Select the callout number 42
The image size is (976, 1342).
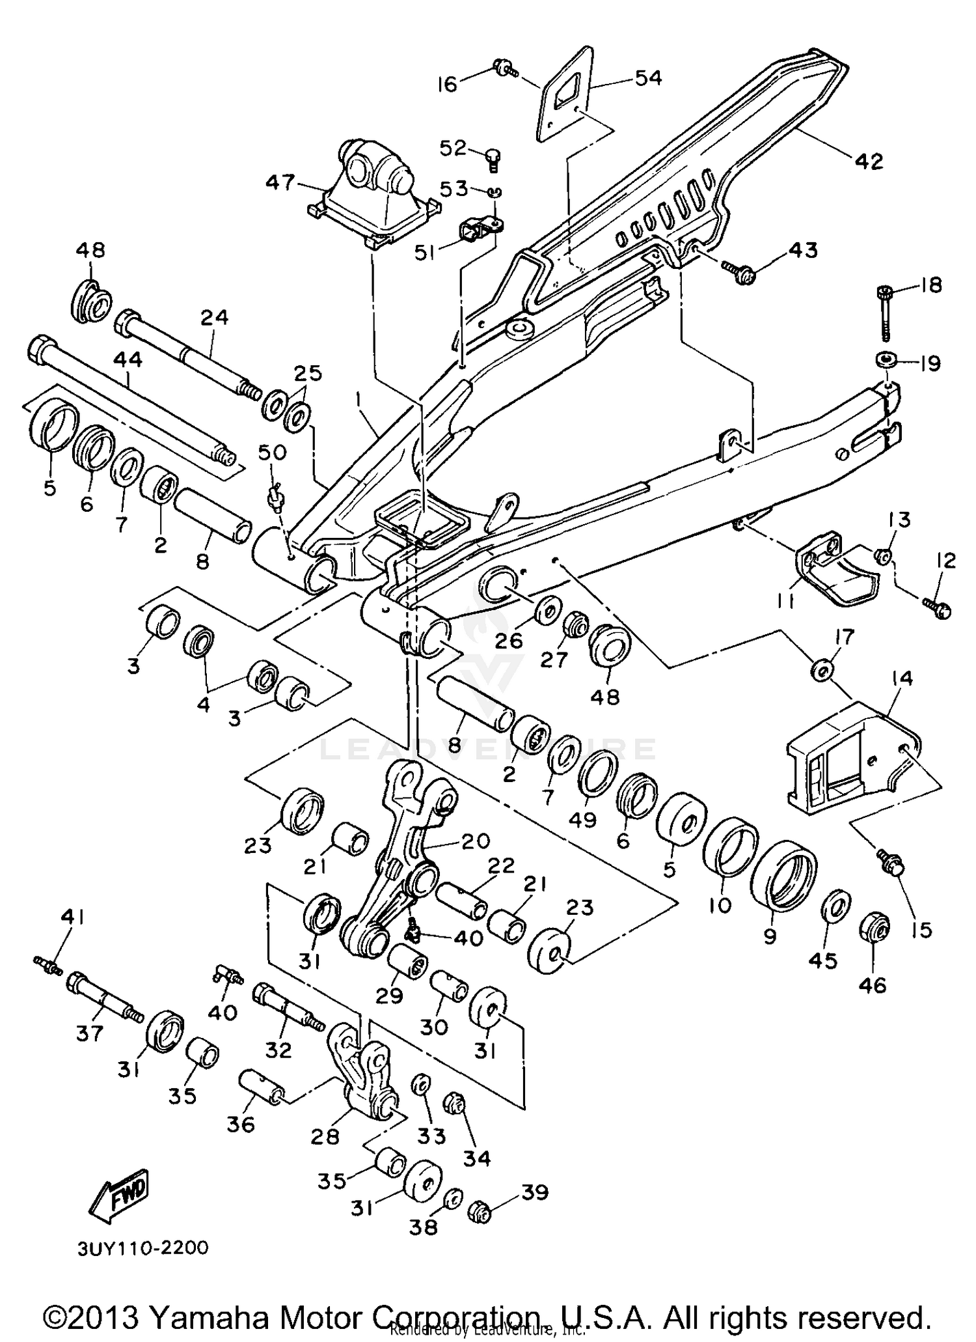[x=869, y=161]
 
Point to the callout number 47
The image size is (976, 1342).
[x=280, y=181]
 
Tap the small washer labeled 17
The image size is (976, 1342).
[x=822, y=669]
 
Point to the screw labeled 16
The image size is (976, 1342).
[x=505, y=69]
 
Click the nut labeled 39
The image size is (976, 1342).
[x=480, y=1212]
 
